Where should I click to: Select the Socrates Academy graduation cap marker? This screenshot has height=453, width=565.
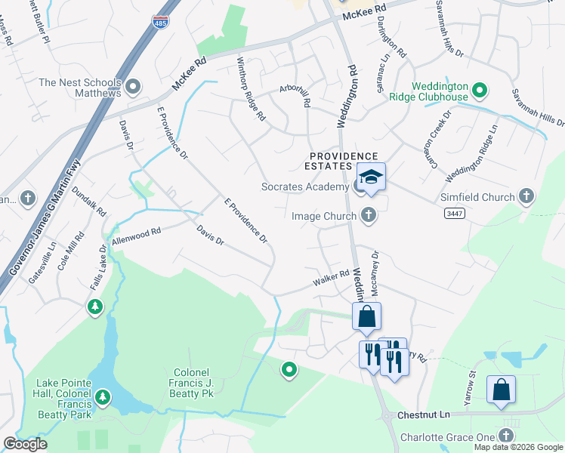point(371,177)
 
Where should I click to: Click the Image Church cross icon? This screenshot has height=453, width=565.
point(369,217)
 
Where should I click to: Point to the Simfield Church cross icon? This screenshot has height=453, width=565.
point(526,197)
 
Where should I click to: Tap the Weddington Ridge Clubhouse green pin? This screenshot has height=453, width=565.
point(479,93)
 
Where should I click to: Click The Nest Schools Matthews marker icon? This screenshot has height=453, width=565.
point(134,88)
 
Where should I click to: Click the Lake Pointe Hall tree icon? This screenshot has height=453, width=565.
point(103,396)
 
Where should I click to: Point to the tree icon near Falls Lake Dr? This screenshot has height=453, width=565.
point(94,307)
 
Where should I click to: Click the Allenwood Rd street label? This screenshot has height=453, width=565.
point(137,236)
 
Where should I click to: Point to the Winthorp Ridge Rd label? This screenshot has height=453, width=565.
point(251,89)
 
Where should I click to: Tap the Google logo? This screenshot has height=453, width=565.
point(25,444)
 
